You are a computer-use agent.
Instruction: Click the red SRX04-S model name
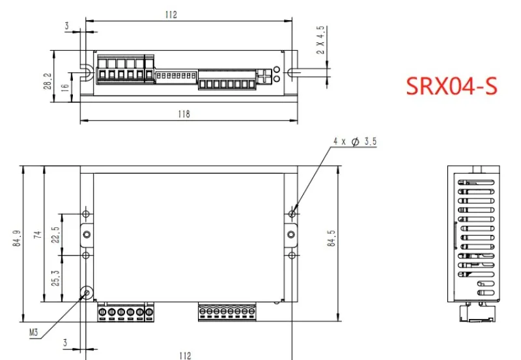pos(452,86)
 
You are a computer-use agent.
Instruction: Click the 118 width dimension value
pos(184,114)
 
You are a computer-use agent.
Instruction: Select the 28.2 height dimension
pos(48,81)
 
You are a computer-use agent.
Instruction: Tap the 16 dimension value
pos(66,87)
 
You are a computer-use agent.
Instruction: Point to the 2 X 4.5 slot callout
pos(320,40)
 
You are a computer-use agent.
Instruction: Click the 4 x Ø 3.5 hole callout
pos(355,141)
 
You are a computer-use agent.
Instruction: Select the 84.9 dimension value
pos(18,238)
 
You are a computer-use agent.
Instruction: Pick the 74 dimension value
pos(38,234)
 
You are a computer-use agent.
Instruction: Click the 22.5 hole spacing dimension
pos(55,235)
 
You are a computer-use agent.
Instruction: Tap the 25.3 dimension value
pos(55,278)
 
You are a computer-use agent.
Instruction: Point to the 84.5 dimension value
pos(331,238)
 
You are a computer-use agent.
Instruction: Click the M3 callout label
pos(34,332)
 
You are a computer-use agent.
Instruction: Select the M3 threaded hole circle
pos(87,292)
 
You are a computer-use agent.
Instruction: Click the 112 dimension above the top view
pos(171,15)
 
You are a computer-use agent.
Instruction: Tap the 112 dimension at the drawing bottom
pos(185,355)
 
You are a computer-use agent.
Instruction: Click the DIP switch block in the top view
pos(176,76)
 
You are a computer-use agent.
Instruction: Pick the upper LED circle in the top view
pos(276,70)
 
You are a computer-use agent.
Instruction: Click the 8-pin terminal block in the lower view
pos(227,312)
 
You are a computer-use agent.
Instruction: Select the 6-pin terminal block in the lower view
pos(126,312)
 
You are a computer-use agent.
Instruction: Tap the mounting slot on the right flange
pos(292,72)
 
